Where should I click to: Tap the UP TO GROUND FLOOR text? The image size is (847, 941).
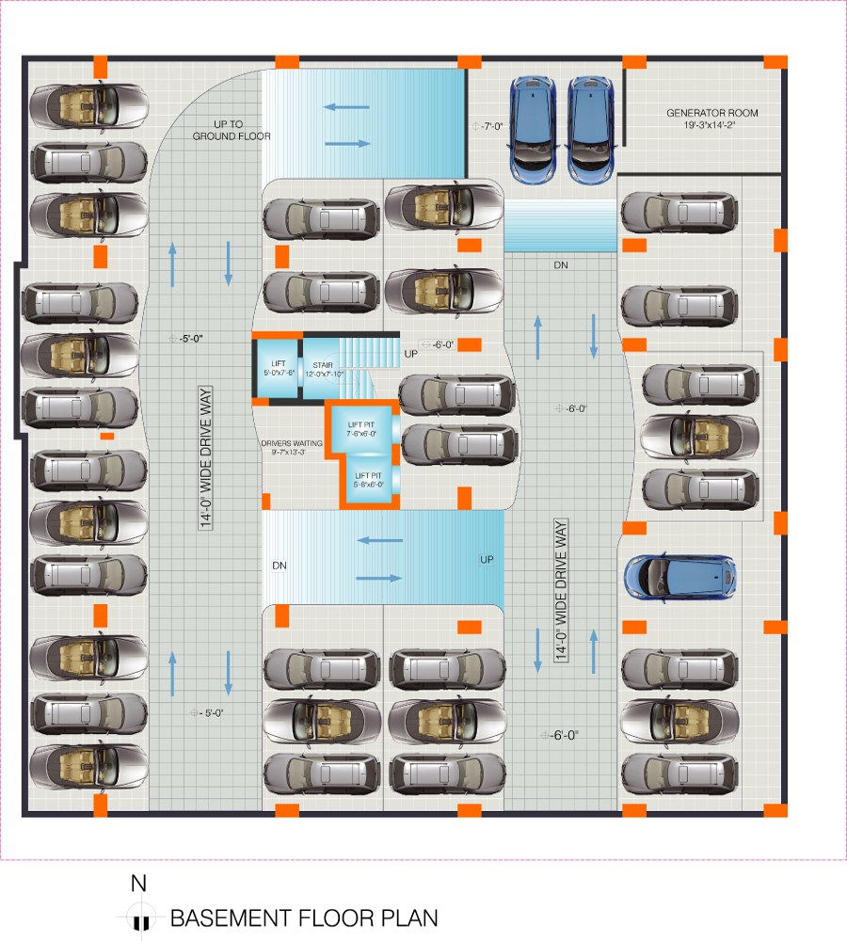(x=232, y=130)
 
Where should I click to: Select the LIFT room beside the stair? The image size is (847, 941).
(x=279, y=368)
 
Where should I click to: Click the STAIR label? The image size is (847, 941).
(x=324, y=368)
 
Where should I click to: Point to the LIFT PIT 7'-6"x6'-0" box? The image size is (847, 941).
(x=361, y=429)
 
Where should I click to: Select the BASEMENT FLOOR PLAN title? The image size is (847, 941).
(x=303, y=917)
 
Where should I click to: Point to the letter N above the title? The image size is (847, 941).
(x=138, y=884)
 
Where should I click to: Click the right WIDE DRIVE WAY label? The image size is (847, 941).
(x=563, y=591)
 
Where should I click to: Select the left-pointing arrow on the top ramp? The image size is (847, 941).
(x=346, y=106)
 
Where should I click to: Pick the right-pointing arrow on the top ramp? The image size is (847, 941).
(x=346, y=143)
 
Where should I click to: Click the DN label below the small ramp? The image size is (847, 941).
(x=561, y=265)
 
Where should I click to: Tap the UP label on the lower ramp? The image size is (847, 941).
(x=487, y=559)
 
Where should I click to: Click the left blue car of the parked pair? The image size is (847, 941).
(x=533, y=129)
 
